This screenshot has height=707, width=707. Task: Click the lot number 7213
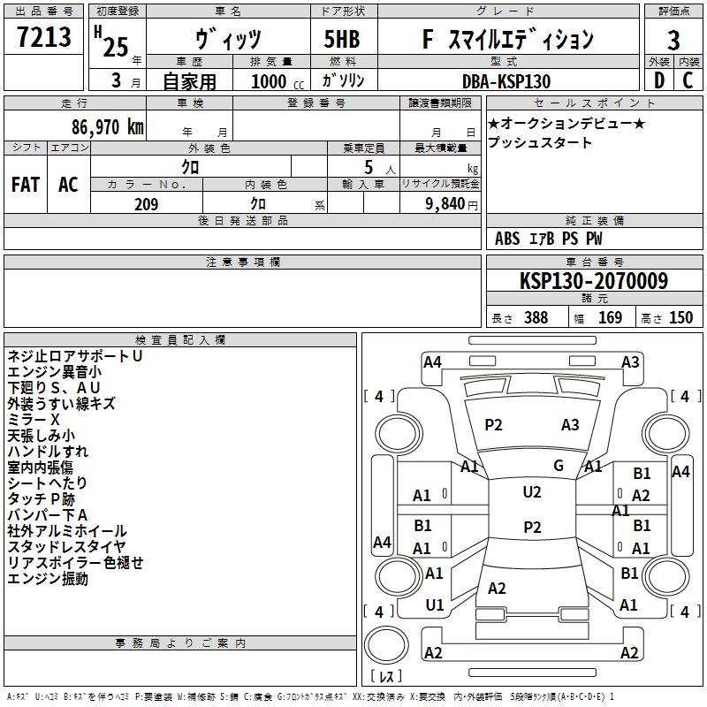click(x=44, y=36)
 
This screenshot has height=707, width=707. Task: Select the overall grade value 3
click(x=673, y=40)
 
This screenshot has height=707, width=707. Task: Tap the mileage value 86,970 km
click(x=107, y=127)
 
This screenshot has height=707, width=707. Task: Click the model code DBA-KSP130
click(x=506, y=81)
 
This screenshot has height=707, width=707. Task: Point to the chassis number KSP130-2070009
click(x=594, y=280)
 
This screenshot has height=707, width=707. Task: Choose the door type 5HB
click(x=342, y=39)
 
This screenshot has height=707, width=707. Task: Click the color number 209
click(x=146, y=204)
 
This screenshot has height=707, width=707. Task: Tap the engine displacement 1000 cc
click(x=277, y=81)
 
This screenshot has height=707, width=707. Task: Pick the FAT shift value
click(x=26, y=185)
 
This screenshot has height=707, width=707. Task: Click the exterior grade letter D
click(x=659, y=80)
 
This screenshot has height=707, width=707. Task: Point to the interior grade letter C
click(x=688, y=80)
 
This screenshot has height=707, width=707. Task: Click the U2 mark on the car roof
click(x=532, y=492)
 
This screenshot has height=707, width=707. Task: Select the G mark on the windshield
click(x=559, y=466)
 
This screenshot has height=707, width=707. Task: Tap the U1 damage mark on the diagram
click(x=435, y=605)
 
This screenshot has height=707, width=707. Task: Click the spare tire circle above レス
click(x=386, y=644)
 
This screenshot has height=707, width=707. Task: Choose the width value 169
click(x=610, y=317)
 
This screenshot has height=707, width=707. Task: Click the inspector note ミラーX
click(x=34, y=419)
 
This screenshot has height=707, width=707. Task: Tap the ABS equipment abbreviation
click(x=507, y=239)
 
